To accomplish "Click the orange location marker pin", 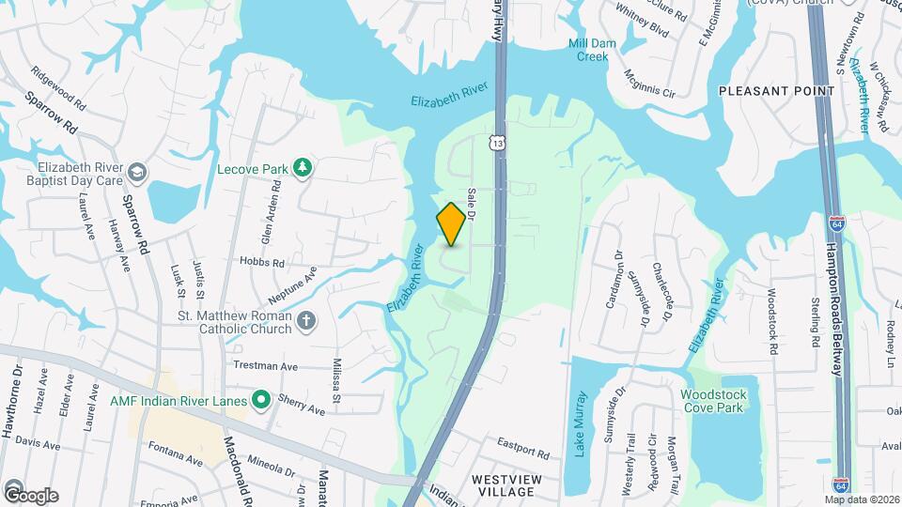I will [451, 224].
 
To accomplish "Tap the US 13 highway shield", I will [495, 142].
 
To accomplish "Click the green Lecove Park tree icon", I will [303, 168].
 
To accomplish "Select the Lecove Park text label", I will [252, 169].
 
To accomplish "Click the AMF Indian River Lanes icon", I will [261, 401].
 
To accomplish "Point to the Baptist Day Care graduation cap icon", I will [138, 171].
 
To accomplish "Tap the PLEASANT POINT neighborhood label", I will [776, 91].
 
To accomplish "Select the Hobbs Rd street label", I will [262, 263].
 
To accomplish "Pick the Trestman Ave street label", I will [266, 366].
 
